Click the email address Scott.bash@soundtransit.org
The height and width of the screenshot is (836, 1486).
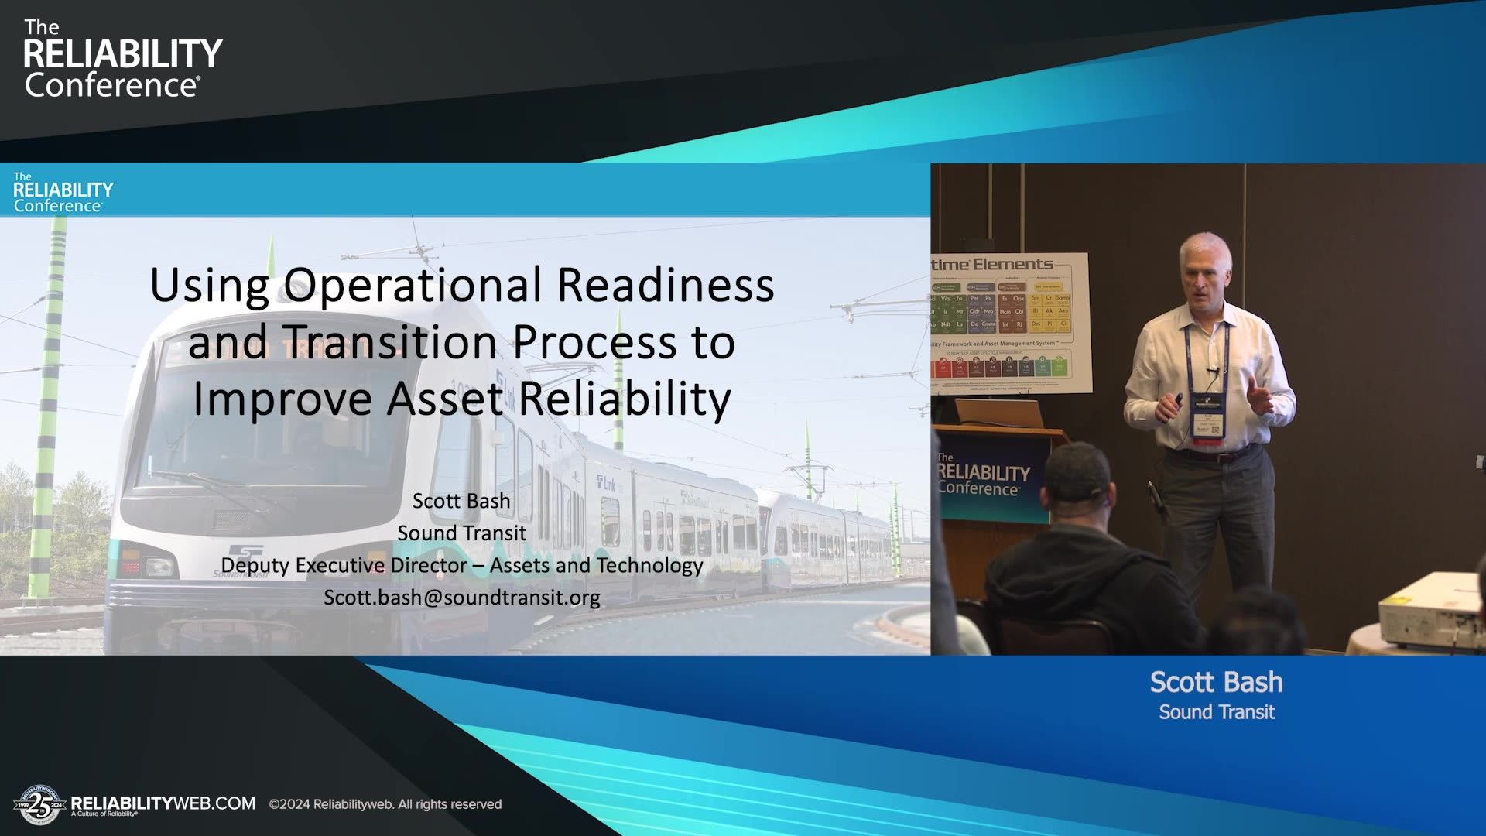tap(462, 598)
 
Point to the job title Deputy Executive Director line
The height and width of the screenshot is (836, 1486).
tap(462, 565)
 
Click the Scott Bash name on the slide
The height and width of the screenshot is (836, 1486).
tap(461, 501)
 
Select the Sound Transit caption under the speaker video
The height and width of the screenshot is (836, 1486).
tap(1216, 712)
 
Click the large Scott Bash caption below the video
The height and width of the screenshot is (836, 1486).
tap(1216, 682)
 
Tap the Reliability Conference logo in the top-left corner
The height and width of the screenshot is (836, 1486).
tap(122, 60)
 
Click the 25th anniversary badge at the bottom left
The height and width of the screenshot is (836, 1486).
tap(38, 806)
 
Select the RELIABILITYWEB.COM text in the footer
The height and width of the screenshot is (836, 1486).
tap(163, 803)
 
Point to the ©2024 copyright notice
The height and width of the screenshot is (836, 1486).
tap(385, 804)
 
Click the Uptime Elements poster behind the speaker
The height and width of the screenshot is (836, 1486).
tap(1010, 321)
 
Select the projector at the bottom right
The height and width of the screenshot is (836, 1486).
tap(1432, 612)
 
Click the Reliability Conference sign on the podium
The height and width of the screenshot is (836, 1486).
tap(983, 473)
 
